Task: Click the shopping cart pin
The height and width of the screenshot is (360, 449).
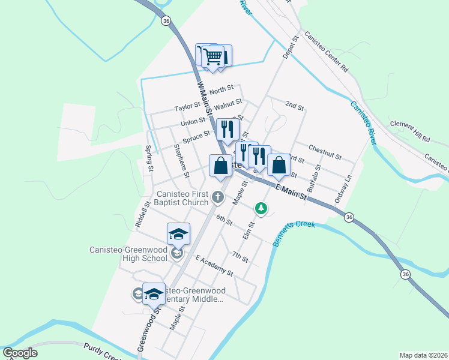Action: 214,57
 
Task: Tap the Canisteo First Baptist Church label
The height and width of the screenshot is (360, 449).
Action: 182,198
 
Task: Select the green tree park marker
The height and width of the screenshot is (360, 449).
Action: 261,208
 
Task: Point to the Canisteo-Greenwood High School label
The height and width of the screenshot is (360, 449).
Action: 128,254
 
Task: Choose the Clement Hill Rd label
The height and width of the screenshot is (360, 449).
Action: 410,131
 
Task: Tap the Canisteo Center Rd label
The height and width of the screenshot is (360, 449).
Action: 327,52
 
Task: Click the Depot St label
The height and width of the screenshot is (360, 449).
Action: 290,47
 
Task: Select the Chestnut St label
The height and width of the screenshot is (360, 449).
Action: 325,152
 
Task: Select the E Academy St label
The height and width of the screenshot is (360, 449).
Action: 214,265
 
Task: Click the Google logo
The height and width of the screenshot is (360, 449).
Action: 20,353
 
